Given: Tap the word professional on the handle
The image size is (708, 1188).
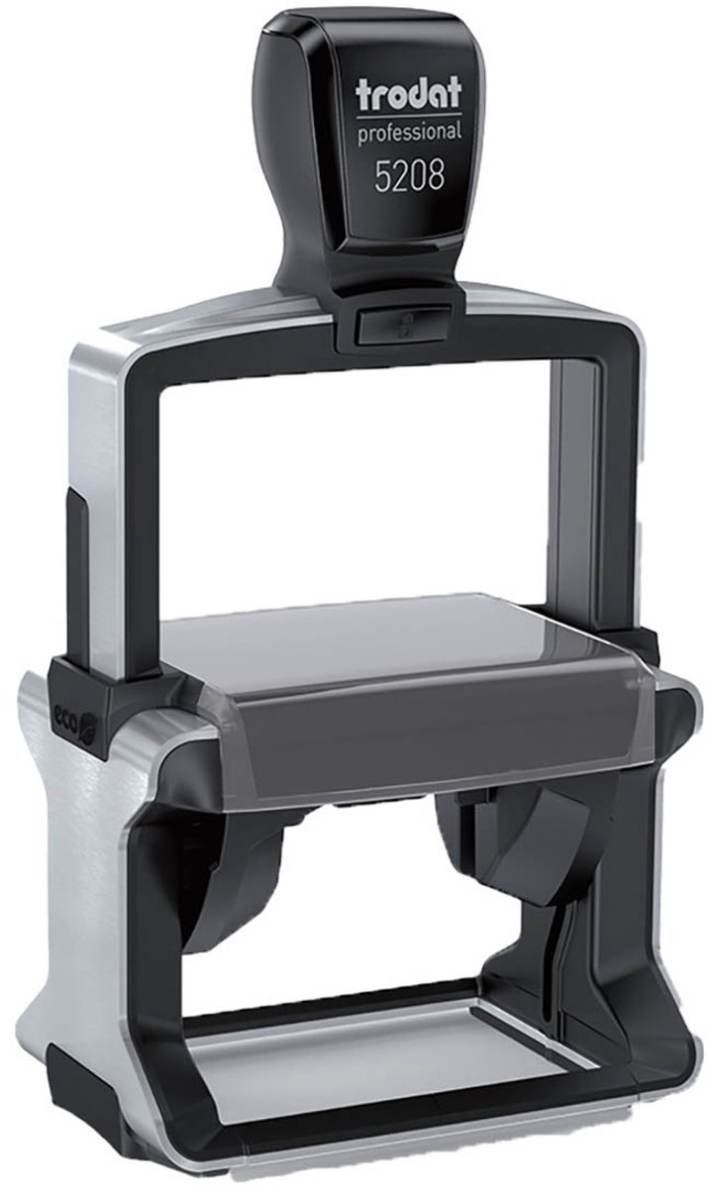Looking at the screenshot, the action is (x=409, y=133).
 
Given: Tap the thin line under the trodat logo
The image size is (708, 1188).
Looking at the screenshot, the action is (x=409, y=115).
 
